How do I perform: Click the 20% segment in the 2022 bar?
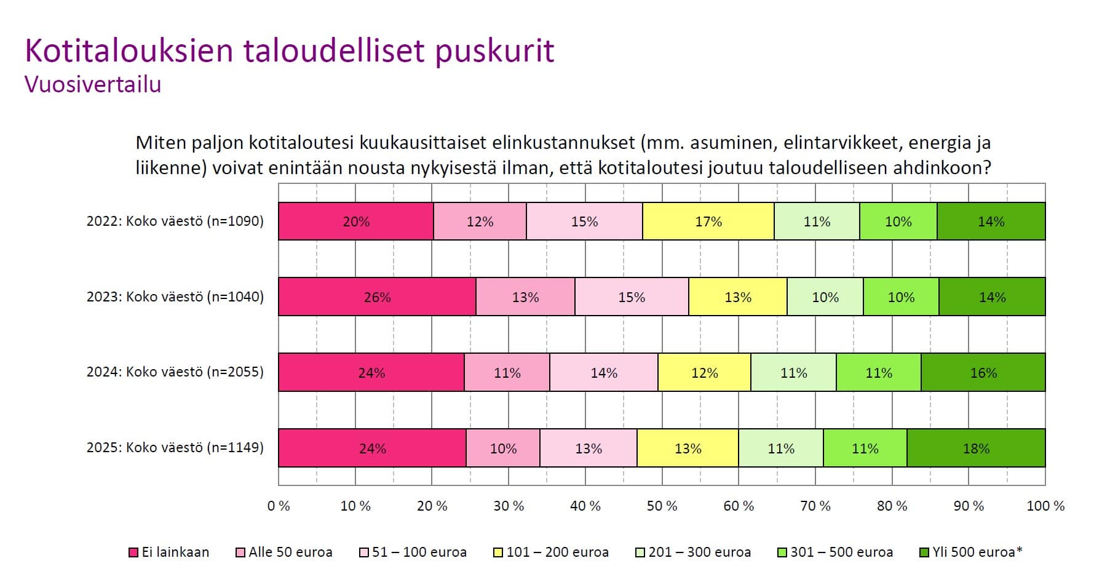click(356, 221)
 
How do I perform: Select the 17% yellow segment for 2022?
click(708, 221)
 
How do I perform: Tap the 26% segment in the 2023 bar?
click(377, 297)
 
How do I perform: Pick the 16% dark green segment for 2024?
click(983, 373)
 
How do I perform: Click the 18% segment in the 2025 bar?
click(976, 448)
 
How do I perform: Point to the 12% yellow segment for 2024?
click(704, 373)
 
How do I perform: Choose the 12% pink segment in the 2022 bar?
click(480, 221)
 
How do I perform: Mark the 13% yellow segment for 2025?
click(688, 448)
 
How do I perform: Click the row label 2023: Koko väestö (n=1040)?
click(175, 297)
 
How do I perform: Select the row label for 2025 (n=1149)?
click(175, 447)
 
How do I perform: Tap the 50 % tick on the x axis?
click(662, 506)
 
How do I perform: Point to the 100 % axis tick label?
click(1045, 506)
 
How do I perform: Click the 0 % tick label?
click(279, 506)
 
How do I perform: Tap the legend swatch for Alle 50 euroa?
click(240, 552)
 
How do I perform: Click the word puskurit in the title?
click(495, 52)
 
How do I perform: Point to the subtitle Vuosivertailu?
click(93, 84)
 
